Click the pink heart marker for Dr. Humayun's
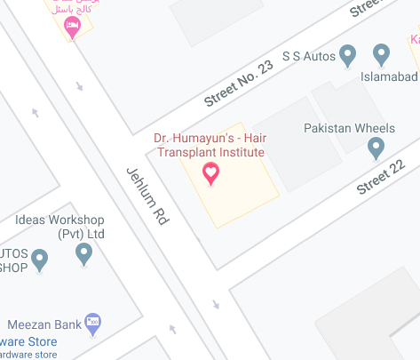211,173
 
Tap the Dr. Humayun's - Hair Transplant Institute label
210,146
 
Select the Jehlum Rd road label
147,194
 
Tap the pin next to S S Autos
348,56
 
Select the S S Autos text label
308,57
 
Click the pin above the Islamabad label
382,55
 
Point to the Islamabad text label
389,76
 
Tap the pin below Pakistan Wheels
376,148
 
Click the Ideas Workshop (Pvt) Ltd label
60,227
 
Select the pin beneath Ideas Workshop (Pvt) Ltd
84,255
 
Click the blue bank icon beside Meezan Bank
92,321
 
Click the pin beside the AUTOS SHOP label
39,260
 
